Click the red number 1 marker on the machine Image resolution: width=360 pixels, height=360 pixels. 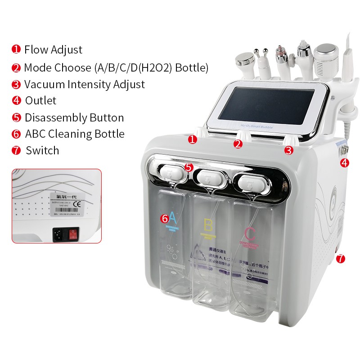pyautogui.click(x=193, y=139)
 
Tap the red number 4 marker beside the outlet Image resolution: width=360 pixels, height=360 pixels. pyautogui.click(x=344, y=163)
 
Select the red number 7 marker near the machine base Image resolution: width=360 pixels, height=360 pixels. pyautogui.click(x=341, y=259)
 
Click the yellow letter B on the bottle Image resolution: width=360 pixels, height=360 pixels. pyautogui.click(x=208, y=225)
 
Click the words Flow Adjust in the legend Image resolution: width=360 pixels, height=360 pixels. pyautogui.click(x=53, y=49)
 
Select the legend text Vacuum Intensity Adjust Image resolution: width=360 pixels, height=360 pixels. pyautogui.click(x=84, y=84)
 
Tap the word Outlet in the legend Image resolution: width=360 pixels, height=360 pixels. pyautogui.click(x=40, y=101)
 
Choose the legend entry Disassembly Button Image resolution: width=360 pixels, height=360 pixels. pyautogui.click(x=74, y=117)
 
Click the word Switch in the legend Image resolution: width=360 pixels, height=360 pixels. pyautogui.click(x=42, y=150)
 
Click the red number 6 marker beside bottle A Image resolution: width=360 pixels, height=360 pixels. pyautogui.click(x=165, y=219)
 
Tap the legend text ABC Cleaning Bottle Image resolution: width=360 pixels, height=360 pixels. pyautogui.click(x=75, y=134)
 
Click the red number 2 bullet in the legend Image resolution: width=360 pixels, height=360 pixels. pyautogui.click(x=17, y=68)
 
